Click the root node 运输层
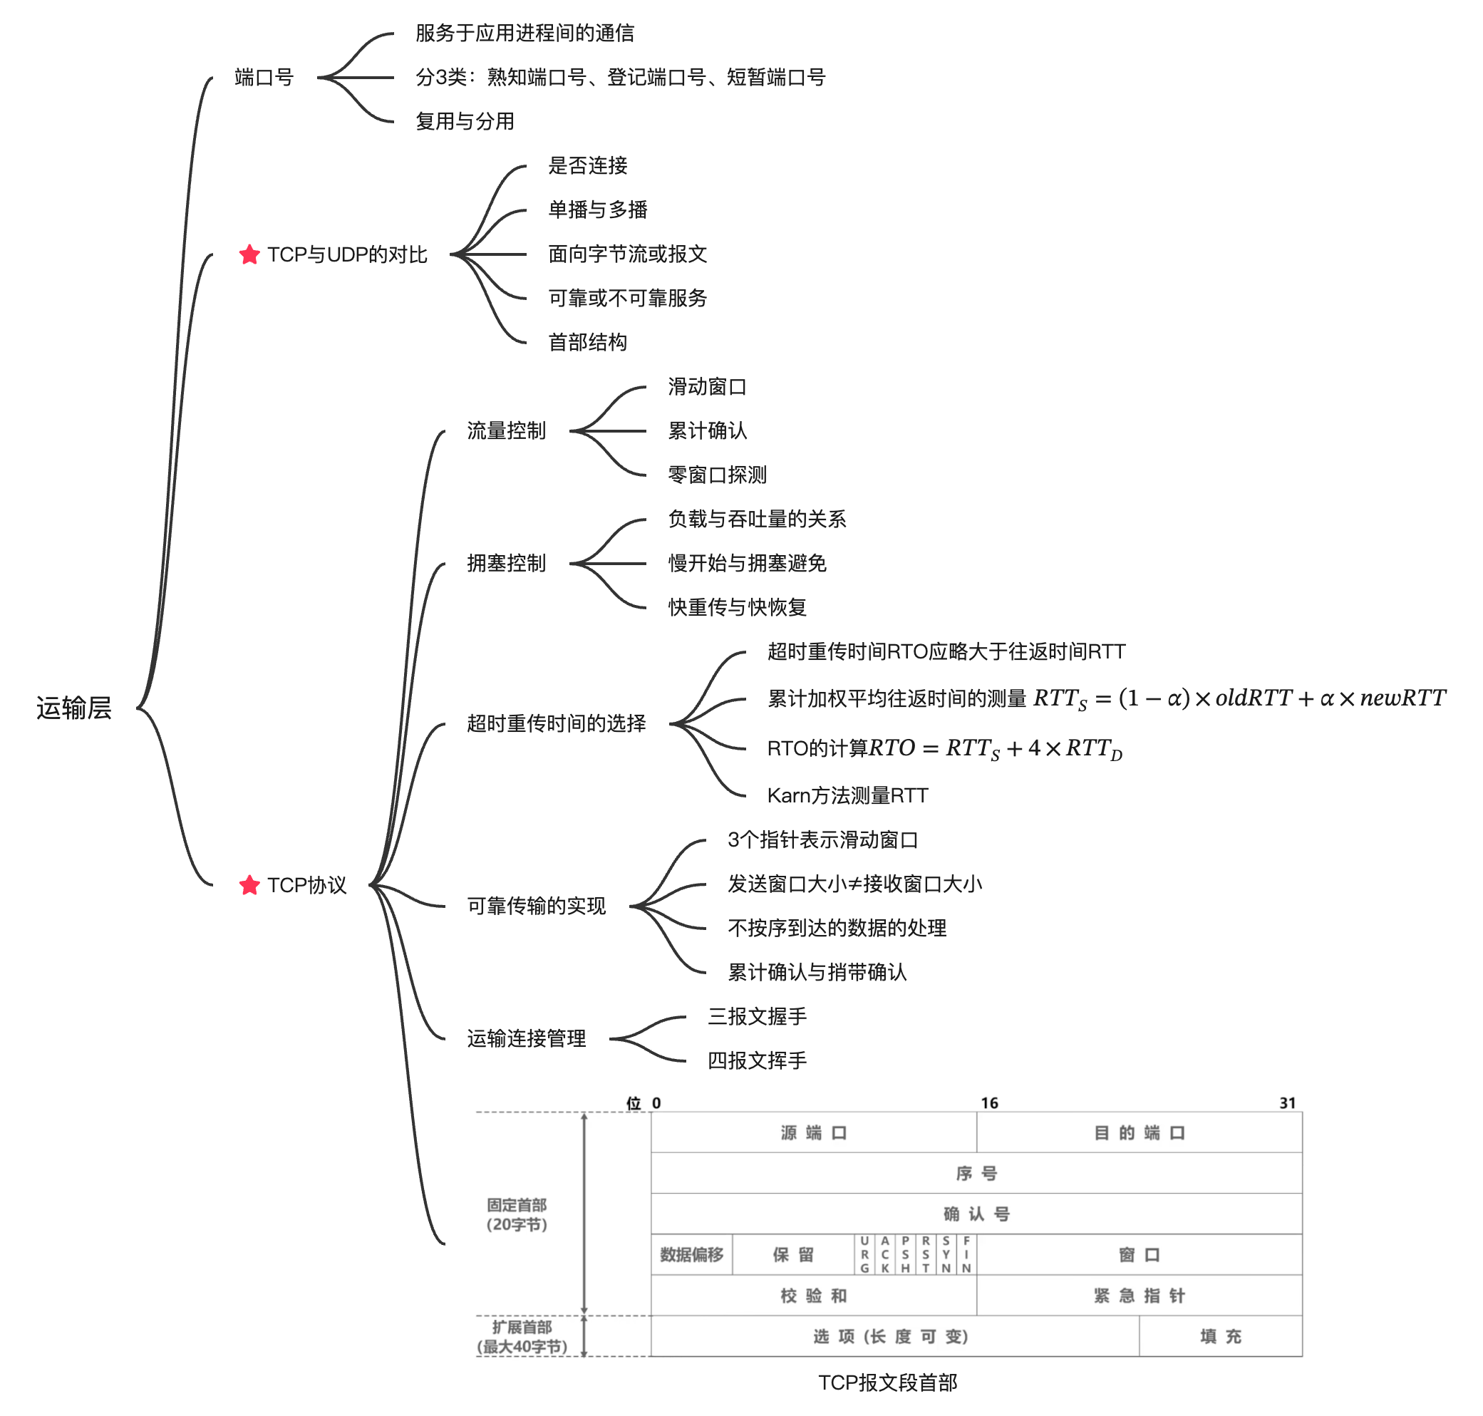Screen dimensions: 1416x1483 coord(74,708)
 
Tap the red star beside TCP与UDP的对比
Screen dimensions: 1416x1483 coord(249,255)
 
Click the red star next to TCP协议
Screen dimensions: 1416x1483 coord(249,884)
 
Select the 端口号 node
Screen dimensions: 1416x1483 coord(264,77)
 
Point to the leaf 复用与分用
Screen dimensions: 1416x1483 coord(464,122)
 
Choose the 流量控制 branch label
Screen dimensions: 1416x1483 coord(506,431)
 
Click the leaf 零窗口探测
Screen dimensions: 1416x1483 coord(716,475)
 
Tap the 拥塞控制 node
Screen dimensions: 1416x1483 coord(506,563)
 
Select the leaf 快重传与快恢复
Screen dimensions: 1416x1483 coord(737,608)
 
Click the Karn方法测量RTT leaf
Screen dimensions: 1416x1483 coord(847,795)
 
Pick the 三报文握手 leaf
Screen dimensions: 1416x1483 coord(756,1017)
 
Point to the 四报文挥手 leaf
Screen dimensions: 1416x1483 coord(756,1060)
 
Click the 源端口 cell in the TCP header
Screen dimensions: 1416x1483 coord(813,1133)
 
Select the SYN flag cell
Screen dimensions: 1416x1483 coord(946,1254)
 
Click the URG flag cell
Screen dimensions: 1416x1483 coord(864,1254)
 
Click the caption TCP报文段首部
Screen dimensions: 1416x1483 coord(887,1383)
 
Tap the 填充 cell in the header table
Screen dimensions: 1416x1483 coord(1219,1337)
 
